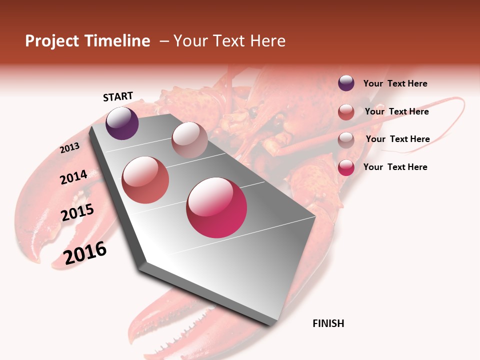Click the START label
coord(118,96)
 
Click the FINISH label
coord(328,323)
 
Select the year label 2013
coord(69,148)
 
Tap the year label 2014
coord(73,177)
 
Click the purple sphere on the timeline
coord(122,123)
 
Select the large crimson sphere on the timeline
coord(216,207)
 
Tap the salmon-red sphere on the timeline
coord(145,180)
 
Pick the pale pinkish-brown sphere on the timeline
coord(189,140)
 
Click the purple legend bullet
coord(346,83)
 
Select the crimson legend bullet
coord(346,167)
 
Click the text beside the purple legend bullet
coord(395,83)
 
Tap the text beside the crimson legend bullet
coord(395,167)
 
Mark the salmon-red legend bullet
coord(346,112)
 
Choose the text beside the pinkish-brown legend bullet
coord(397,139)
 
